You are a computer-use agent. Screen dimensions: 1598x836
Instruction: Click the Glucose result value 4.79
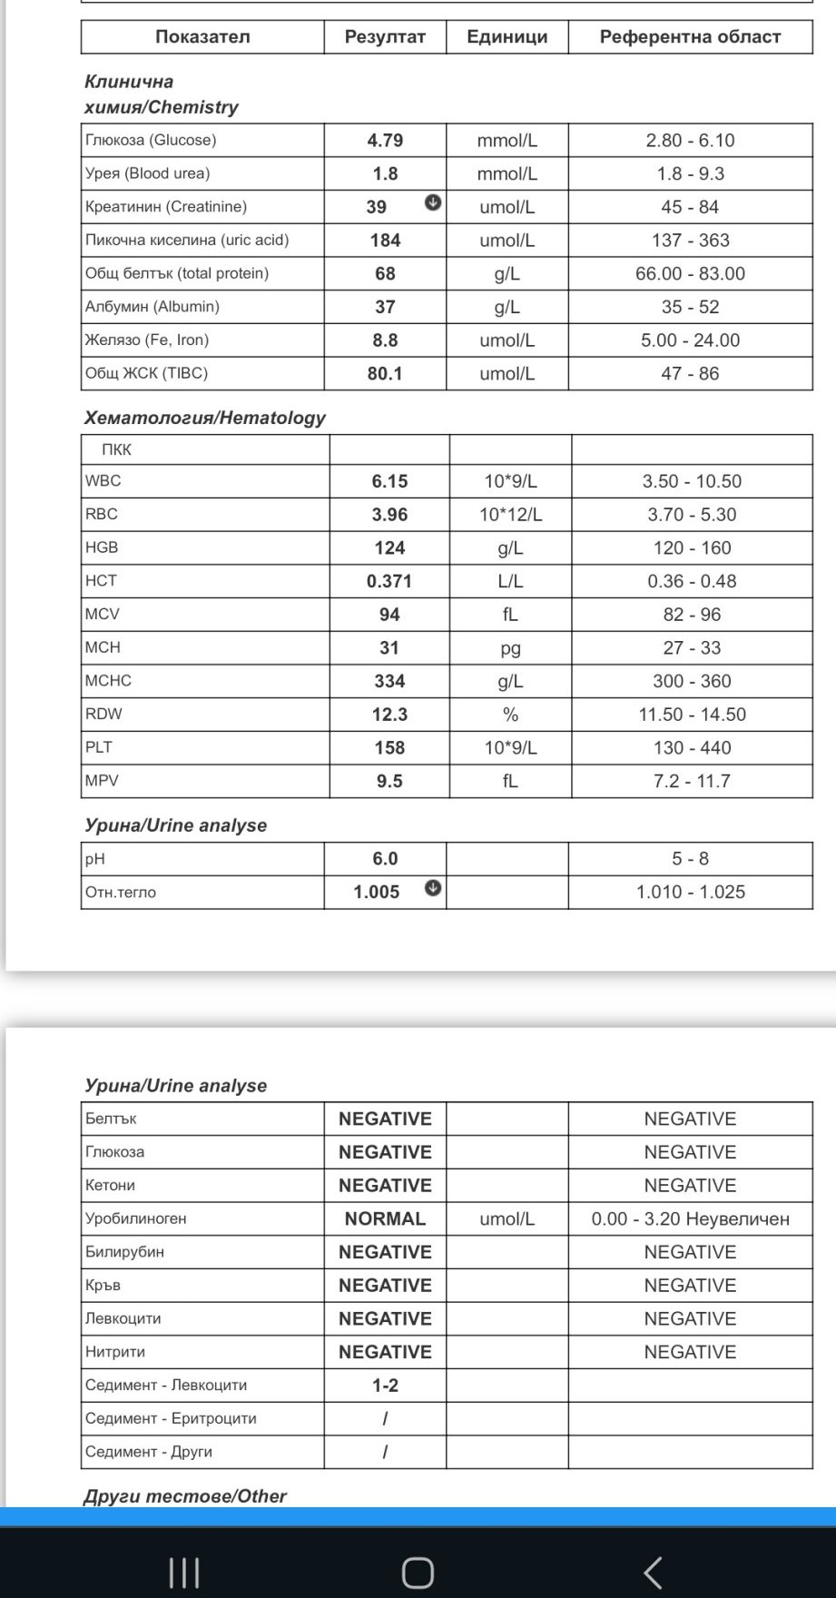[x=385, y=141]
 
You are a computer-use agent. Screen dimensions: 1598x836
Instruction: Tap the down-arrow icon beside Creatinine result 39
[x=433, y=202]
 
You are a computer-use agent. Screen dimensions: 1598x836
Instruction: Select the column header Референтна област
[x=690, y=37]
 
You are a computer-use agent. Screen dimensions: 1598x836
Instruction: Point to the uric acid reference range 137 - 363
[x=690, y=241]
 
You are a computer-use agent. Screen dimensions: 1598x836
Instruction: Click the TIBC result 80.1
[x=385, y=373]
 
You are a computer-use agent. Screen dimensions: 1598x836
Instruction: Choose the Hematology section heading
[x=204, y=418]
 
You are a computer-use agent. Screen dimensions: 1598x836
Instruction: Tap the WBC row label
[x=103, y=481]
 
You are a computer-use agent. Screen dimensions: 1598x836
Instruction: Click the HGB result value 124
[x=389, y=547]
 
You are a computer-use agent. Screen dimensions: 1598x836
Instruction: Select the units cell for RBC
[x=510, y=515]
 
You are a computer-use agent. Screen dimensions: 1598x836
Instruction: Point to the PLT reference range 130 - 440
[x=692, y=748]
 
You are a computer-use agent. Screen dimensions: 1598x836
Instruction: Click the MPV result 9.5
[x=389, y=781]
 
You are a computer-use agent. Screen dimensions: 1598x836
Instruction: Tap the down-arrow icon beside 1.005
[x=433, y=888]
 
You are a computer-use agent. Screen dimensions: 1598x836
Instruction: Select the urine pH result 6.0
[x=385, y=859]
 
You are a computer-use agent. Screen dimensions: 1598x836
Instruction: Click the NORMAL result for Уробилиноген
[x=385, y=1218]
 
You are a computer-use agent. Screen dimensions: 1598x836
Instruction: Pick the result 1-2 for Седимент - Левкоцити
[x=385, y=1386]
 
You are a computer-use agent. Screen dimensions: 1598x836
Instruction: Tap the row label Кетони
[x=110, y=1185]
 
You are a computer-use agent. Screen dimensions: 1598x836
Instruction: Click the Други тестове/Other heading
[x=185, y=1496]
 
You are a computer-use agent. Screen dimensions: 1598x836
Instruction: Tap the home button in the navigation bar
[x=418, y=1573]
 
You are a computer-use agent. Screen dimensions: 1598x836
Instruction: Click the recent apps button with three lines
[x=184, y=1573]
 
